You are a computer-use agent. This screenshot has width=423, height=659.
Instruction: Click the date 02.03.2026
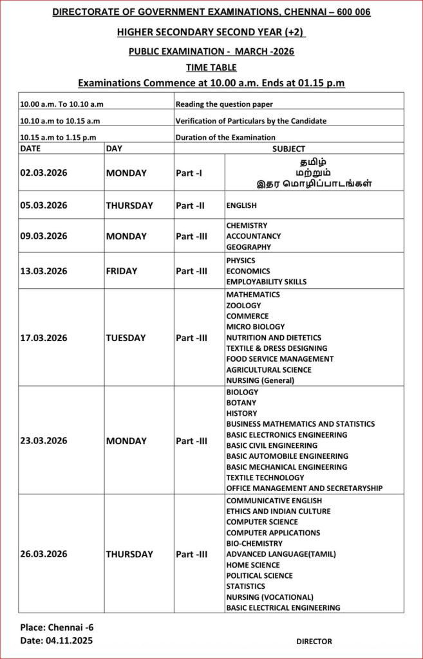click(44, 173)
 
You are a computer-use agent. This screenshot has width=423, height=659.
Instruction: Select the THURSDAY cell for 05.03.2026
click(129, 206)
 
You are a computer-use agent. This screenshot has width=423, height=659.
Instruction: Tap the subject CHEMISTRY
click(247, 226)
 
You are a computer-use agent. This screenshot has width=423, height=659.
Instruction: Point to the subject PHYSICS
click(241, 261)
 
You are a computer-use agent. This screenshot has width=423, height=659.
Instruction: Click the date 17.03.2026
click(44, 338)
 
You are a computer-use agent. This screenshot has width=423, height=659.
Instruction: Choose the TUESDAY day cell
click(126, 338)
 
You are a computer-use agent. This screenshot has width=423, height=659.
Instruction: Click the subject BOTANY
click(241, 403)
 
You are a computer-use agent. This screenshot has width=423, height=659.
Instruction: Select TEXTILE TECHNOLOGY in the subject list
click(265, 478)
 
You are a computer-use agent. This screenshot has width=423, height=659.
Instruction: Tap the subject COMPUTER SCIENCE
click(262, 522)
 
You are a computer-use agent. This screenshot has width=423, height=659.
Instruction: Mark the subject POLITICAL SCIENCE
click(259, 575)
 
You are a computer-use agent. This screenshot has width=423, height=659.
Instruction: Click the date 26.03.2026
click(44, 554)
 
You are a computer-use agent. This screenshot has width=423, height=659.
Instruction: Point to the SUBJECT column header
click(288, 149)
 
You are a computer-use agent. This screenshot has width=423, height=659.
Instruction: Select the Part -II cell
click(190, 206)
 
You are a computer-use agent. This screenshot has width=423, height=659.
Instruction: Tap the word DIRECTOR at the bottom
click(314, 642)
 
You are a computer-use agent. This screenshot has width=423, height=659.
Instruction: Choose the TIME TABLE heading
click(211, 67)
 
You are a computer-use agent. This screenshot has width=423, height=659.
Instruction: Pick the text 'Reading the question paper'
click(224, 104)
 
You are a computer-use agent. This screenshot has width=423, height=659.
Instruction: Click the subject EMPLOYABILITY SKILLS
click(267, 282)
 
